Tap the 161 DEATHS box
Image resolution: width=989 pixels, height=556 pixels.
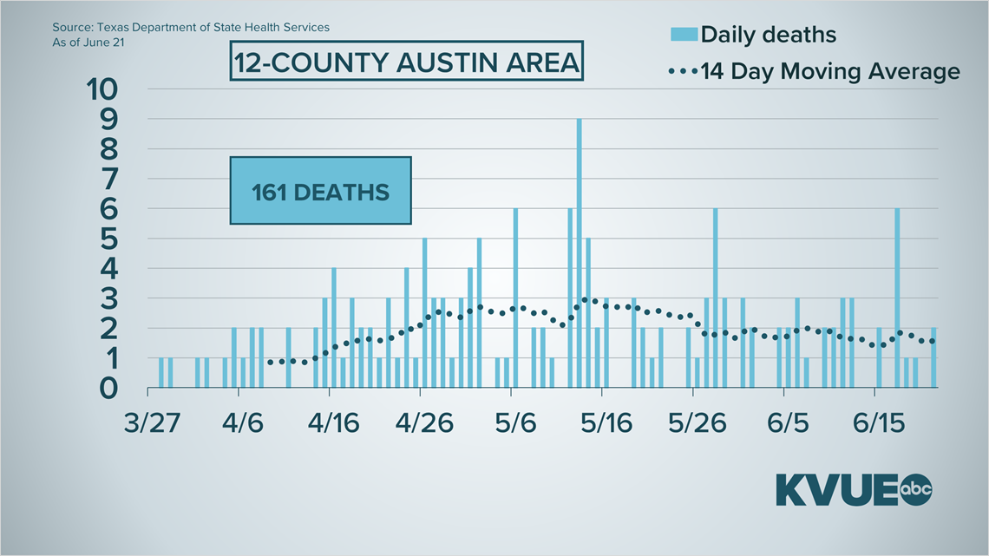point(320,191)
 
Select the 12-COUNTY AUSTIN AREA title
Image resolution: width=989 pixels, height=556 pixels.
point(406,63)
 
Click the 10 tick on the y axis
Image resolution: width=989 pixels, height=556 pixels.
point(108,88)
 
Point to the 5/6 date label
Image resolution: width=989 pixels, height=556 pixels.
point(515,425)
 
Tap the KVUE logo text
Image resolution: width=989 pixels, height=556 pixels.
point(838,490)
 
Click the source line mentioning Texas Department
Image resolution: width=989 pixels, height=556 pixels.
point(191,27)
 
